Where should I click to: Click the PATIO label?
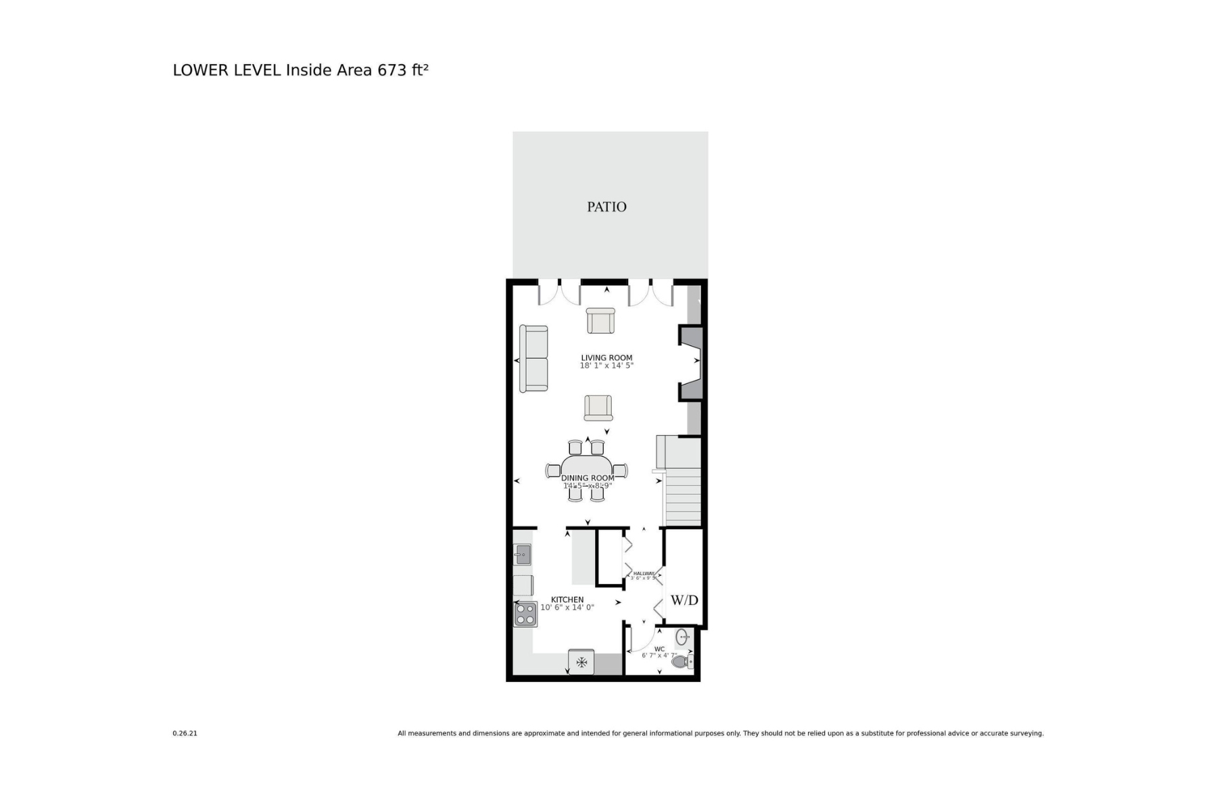(606, 207)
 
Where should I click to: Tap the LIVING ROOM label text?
(606, 358)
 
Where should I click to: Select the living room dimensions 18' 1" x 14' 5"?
(606, 366)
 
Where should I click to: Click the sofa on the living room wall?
(533, 358)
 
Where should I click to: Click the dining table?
(587, 470)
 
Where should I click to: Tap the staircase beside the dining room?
(683, 497)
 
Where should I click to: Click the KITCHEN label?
(567, 599)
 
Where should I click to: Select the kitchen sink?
(523, 555)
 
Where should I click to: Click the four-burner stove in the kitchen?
(525, 614)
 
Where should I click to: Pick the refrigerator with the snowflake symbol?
(581, 662)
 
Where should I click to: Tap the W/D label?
(684, 600)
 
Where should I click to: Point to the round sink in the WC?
(682, 636)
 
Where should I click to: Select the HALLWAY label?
(644, 573)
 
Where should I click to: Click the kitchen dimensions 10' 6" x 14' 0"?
(567, 608)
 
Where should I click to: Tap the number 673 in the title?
(392, 70)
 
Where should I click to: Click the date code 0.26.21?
(185, 733)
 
